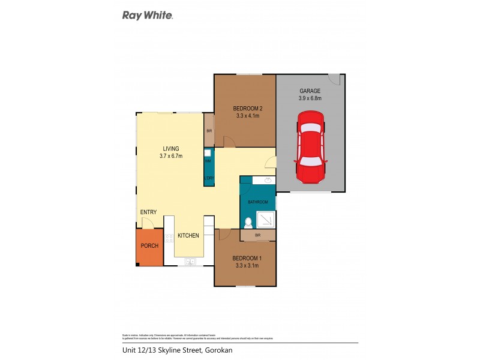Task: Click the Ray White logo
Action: click(148, 16)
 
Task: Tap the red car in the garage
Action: click(310, 150)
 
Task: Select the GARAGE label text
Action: click(310, 91)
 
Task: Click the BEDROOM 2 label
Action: click(248, 109)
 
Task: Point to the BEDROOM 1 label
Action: click(247, 258)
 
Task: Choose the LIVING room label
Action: click(171, 149)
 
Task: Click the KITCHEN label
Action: click(188, 236)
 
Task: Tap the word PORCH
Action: click(149, 247)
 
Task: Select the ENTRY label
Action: click(149, 212)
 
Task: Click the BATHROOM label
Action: click(258, 202)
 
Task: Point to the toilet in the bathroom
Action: click(249, 222)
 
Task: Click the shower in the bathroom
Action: click(266, 219)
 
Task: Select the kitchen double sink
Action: click(190, 261)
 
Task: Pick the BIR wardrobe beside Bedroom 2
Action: click(209, 130)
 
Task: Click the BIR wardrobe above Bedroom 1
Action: click(257, 236)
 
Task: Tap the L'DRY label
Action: click(209, 178)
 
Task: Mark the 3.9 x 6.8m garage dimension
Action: click(310, 98)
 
